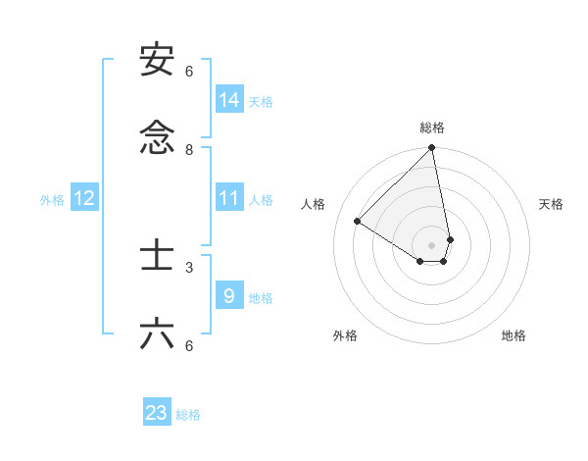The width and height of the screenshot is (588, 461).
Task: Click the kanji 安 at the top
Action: coord(157,61)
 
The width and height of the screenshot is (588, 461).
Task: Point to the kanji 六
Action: coord(157,334)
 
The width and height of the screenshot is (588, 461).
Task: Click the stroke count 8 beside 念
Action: coord(189,150)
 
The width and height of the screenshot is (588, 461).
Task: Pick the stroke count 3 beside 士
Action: coord(189,267)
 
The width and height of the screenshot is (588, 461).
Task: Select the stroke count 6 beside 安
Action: coord(189,72)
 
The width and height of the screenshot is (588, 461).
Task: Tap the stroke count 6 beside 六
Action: coord(189,345)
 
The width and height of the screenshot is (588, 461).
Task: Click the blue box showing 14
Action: coord(229,100)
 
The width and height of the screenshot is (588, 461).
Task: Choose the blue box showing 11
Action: coord(229,198)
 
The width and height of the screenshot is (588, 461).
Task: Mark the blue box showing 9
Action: coord(229,296)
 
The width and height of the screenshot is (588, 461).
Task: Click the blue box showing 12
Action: coord(84,198)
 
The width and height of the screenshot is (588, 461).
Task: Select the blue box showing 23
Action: coord(157,413)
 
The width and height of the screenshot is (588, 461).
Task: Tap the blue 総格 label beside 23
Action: coord(188,415)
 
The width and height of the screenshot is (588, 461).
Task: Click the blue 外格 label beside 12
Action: coord(52,200)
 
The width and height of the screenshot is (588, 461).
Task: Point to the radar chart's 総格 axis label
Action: coord(432,128)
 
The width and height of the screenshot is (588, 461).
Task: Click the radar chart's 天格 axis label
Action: coord(551,204)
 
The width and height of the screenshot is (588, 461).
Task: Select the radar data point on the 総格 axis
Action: coord(432,148)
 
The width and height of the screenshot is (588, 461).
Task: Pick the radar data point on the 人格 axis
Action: coord(358,222)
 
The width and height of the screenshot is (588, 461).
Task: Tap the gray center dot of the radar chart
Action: coord(432,244)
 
